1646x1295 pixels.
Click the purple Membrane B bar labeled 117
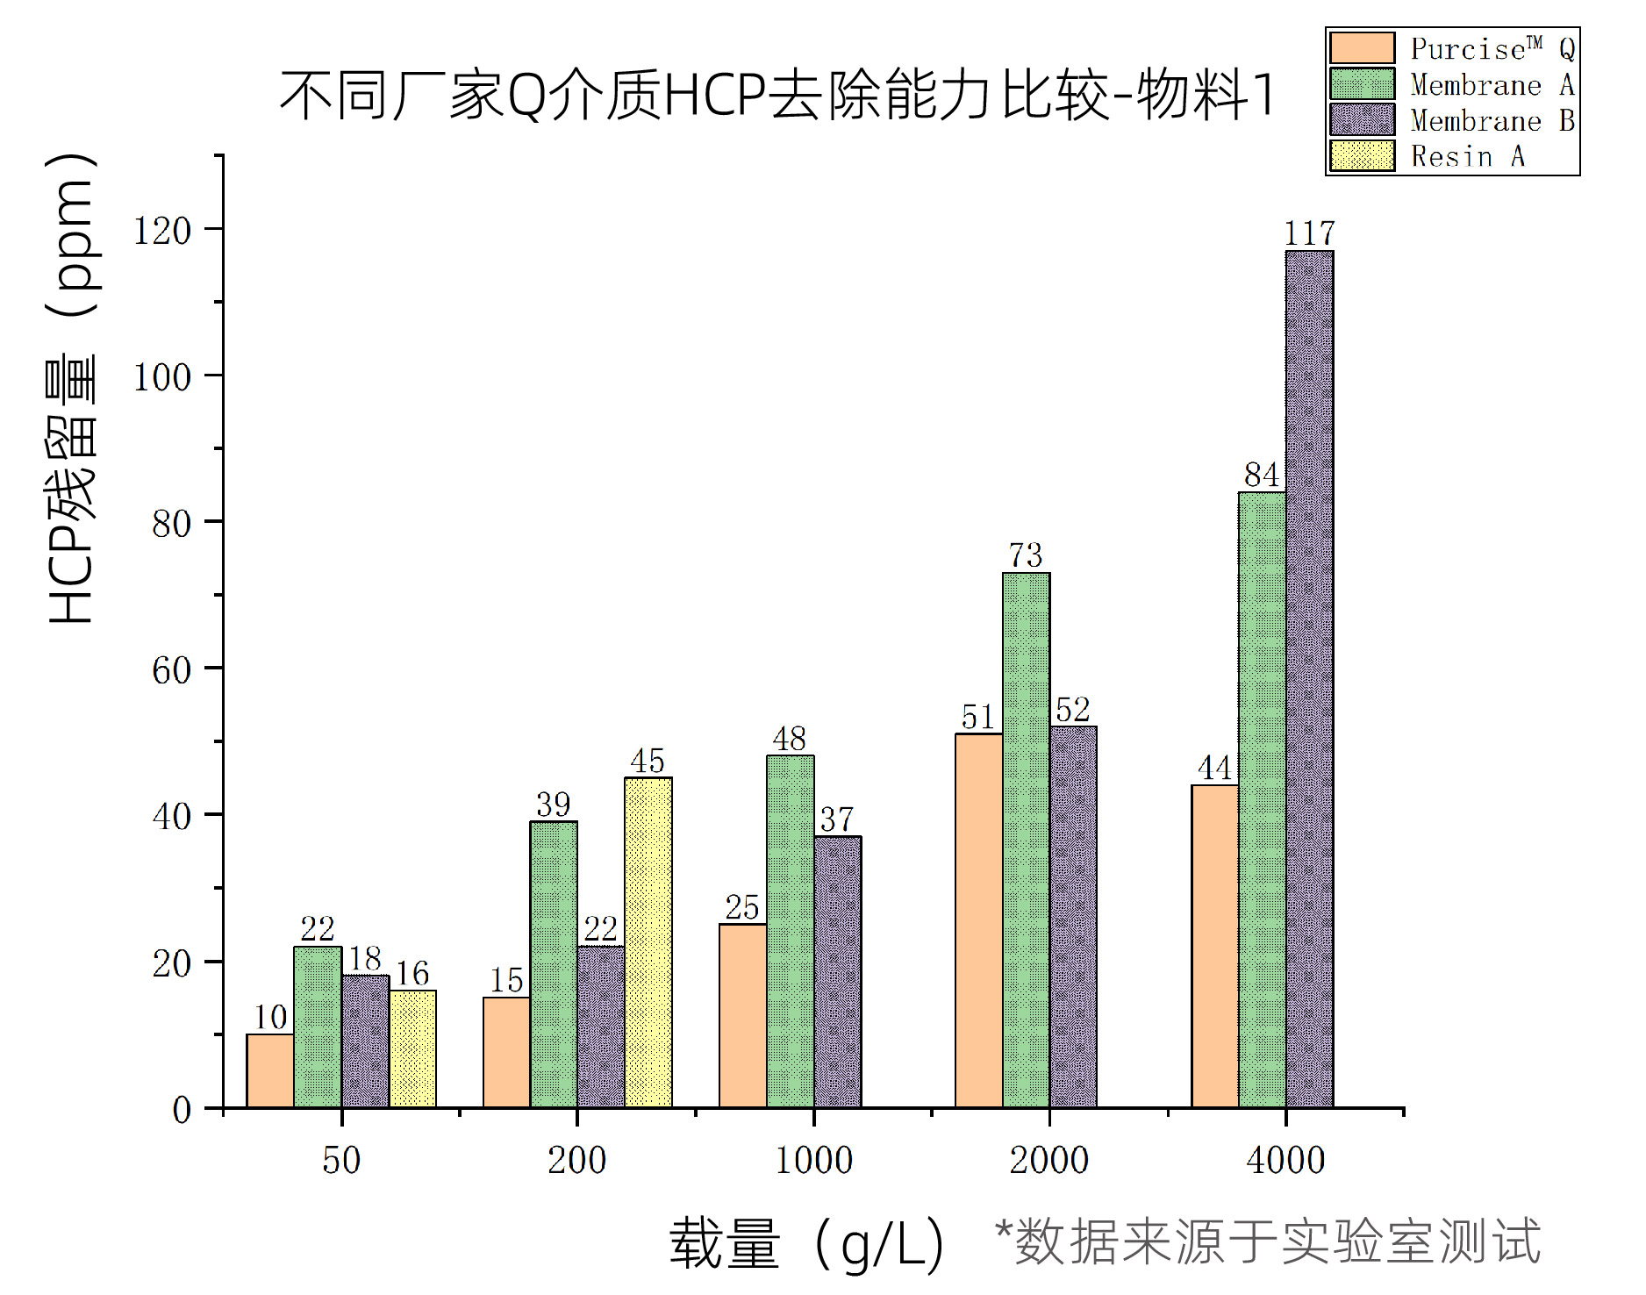point(1309,679)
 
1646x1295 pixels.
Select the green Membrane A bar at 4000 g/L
point(1262,799)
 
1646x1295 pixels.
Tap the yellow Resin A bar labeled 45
point(648,942)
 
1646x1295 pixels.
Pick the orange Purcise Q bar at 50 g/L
point(270,1070)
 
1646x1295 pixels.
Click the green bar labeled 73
point(1026,840)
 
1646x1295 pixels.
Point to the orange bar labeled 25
point(742,1015)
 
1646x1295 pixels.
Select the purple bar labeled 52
point(1073,917)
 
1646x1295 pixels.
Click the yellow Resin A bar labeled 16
point(412,1048)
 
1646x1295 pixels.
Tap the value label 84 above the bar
point(1262,476)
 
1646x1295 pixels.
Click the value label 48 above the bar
point(790,739)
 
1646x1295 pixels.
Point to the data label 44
point(1215,769)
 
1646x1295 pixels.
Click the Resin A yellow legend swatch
point(1362,156)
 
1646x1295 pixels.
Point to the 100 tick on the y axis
point(162,377)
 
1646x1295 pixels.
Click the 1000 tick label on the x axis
point(813,1161)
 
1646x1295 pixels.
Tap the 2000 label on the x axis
point(1049,1161)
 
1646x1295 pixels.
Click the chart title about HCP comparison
point(777,95)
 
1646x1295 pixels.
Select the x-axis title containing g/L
point(807,1244)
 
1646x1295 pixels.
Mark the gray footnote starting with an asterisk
point(1267,1241)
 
